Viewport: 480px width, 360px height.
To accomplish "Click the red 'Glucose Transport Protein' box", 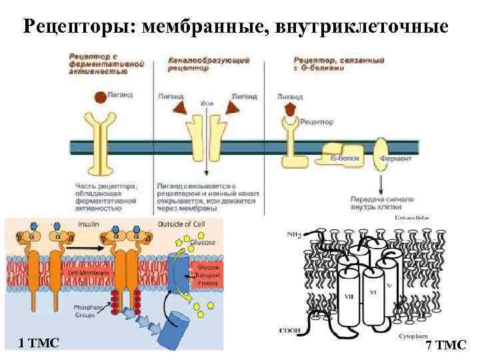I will click(x=204, y=274).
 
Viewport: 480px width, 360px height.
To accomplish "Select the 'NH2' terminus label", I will click(x=294, y=234).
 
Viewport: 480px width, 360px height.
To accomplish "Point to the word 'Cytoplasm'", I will click(x=415, y=337).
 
